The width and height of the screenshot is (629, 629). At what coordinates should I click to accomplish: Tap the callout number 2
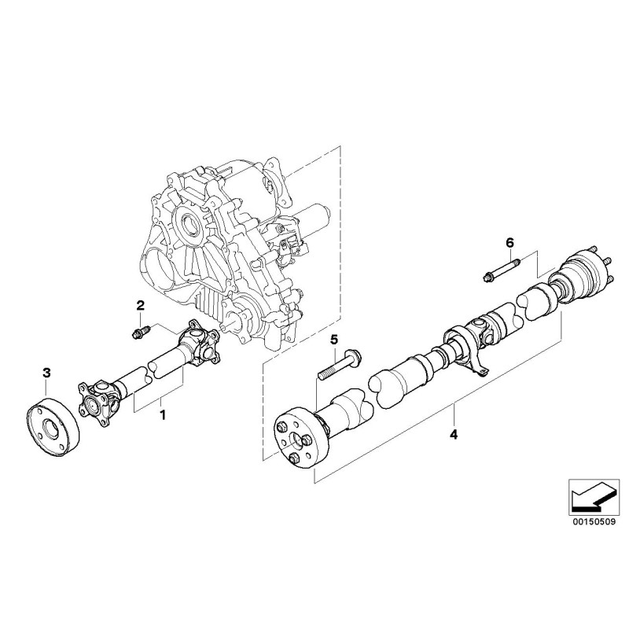(x=142, y=305)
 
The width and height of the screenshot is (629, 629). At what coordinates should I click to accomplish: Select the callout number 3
(x=46, y=371)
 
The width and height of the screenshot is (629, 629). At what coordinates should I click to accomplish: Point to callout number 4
(x=454, y=433)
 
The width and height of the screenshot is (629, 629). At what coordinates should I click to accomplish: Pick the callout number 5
(x=333, y=339)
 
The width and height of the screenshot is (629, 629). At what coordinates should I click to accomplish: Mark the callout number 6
(x=509, y=242)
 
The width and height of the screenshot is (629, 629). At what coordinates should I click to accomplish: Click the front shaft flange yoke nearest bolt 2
(x=202, y=342)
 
